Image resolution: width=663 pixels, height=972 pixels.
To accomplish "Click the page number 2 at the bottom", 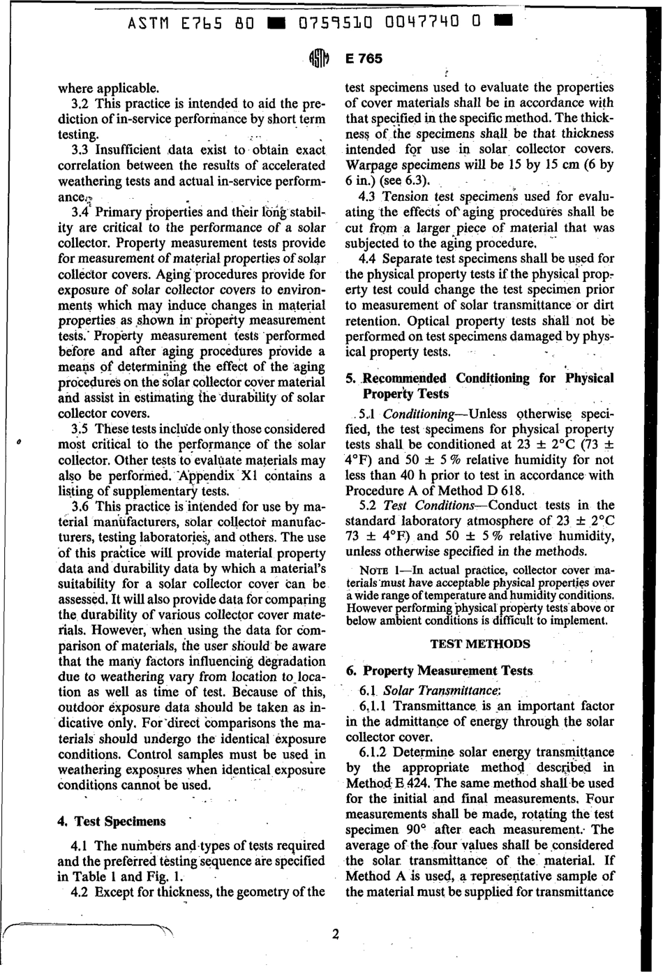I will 335,934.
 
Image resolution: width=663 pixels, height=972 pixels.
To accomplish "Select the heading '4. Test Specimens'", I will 111,821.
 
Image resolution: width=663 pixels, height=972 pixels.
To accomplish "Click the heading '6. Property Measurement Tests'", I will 439,671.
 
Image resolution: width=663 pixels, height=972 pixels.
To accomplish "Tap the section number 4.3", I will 368,197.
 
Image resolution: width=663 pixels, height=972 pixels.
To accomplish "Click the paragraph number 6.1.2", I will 374,752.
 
